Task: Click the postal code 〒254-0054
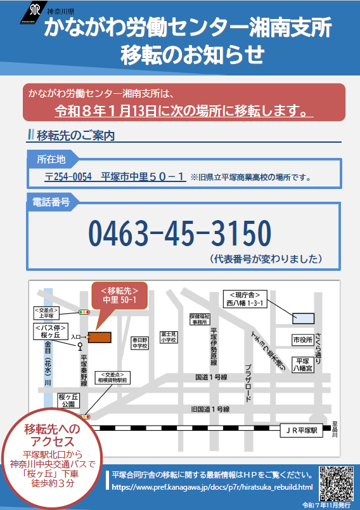(66, 177)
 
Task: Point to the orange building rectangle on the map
(100, 336)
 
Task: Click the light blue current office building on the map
(303, 317)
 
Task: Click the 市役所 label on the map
(302, 341)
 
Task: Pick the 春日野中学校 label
(139, 343)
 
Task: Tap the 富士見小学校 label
(169, 336)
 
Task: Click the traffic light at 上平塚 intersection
(84, 312)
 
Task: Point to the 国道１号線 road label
(211, 376)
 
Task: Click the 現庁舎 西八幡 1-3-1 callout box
(246, 299)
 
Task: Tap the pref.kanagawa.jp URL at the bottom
(212, 487)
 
